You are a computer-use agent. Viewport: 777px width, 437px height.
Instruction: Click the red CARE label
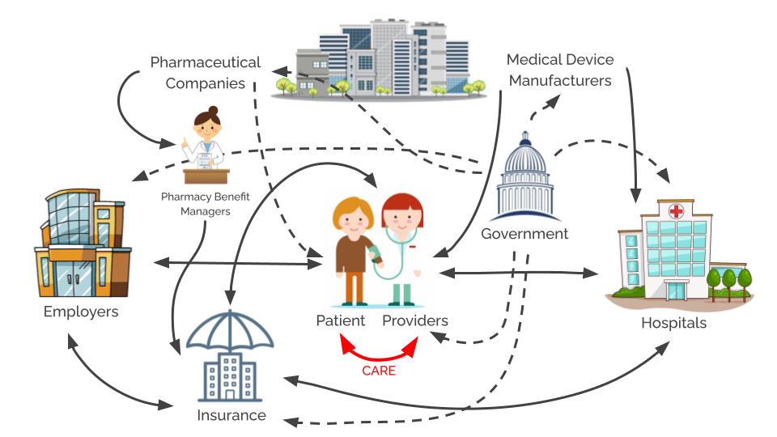coord(379,371)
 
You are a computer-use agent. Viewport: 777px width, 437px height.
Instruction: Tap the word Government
coord(524,234)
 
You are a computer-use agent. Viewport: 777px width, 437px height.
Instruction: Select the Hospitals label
coord(673,323)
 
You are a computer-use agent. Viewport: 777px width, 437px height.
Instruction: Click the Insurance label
coord(231,415)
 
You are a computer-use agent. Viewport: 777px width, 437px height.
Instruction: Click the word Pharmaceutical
coord(206,62)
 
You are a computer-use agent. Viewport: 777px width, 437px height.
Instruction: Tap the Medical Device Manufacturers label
coord(558,70)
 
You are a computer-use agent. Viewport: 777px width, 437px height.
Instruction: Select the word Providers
coord(415,320)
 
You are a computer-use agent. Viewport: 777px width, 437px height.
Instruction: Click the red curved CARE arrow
coord(379,354)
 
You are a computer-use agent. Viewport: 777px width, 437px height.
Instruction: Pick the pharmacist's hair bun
coord(213,110)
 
